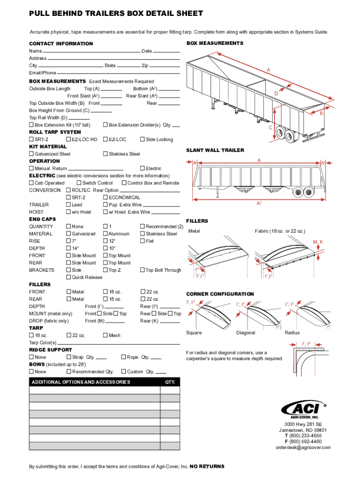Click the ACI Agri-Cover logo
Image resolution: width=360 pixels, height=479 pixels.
302,409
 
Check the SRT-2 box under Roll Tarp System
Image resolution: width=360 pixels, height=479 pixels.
31,139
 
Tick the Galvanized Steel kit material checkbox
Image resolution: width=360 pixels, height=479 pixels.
31,154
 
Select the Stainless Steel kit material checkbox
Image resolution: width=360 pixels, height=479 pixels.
105,154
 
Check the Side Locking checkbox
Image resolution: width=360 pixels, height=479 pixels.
142,139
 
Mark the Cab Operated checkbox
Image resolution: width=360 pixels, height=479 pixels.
31,183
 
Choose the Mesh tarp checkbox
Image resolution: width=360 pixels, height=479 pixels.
105,335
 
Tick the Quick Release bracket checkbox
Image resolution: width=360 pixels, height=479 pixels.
69,277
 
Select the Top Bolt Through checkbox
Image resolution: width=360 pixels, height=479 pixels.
142,270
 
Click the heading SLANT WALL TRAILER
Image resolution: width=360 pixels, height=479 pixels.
215,150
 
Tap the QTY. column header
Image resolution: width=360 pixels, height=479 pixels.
170,382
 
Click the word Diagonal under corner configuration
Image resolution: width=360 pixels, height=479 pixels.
246,333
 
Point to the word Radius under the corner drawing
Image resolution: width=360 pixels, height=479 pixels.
292,333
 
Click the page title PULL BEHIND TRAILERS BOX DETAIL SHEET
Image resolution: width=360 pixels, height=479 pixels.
116,14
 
